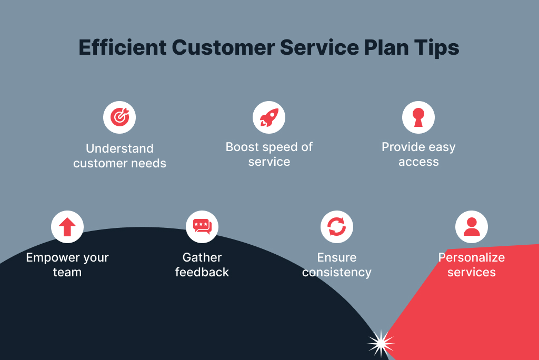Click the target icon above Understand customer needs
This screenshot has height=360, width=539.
(x=119, y=117)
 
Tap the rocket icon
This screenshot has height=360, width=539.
(x=269, y=117)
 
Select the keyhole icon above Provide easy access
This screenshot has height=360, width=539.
(x=418, y=117)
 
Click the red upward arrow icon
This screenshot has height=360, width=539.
(x=67, y=227)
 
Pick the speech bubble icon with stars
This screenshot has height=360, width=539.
(x=202, y=227)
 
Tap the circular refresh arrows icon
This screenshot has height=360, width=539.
(x=337, y=227)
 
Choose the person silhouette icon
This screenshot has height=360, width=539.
(x=472, y=227)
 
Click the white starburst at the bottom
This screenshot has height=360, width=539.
(x=381, y=344)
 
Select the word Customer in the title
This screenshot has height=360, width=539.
(x=223, y=48)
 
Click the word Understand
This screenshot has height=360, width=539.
(x=119, y=148)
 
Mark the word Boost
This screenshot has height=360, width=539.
(x=243, y=147)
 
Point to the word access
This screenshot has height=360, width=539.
(x=418, y=162)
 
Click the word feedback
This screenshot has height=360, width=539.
(x=202, y=272)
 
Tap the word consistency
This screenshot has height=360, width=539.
(x=337, y=272)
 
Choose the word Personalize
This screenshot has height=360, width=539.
(x=472, y=257)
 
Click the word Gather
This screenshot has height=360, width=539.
(x=202, y=257)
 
